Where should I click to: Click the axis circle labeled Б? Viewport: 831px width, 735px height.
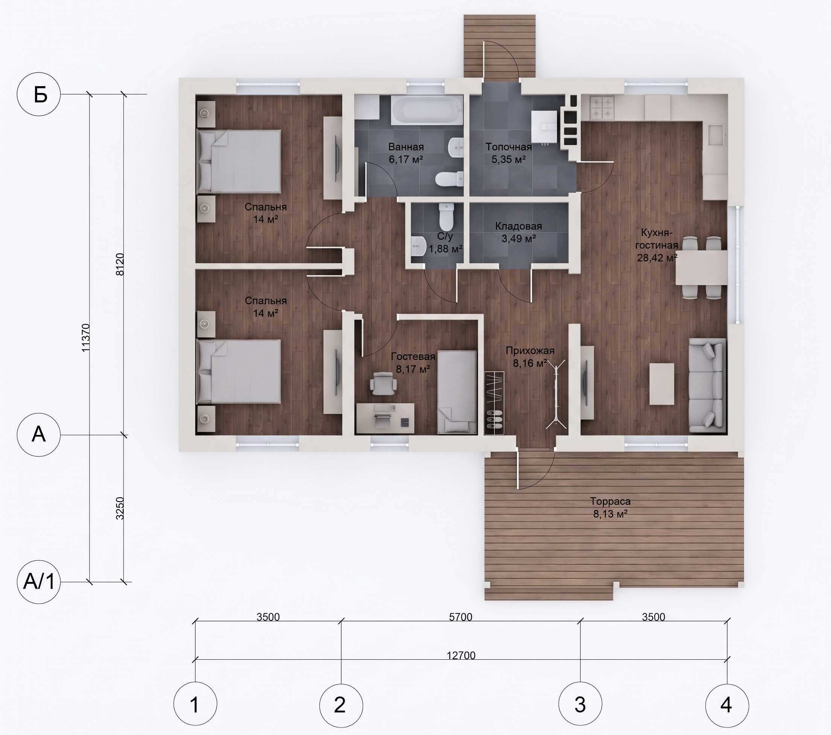39,95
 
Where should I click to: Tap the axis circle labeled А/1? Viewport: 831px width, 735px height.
39,582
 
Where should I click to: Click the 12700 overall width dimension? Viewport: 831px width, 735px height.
461,655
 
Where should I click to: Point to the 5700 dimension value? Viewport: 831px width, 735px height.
461,617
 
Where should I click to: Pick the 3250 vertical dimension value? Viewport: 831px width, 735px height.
120,508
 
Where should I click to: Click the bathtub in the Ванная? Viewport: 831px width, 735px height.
427,110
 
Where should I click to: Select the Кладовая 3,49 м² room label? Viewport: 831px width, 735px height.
518,232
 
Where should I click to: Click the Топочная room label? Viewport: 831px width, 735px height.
508,147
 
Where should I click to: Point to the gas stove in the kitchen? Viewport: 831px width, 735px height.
603,108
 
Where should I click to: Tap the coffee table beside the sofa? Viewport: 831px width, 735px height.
662,384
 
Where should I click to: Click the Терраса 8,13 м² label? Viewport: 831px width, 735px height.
610,508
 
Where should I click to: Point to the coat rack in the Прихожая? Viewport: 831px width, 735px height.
556,395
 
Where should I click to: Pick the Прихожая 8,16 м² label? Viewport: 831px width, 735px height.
530,357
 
